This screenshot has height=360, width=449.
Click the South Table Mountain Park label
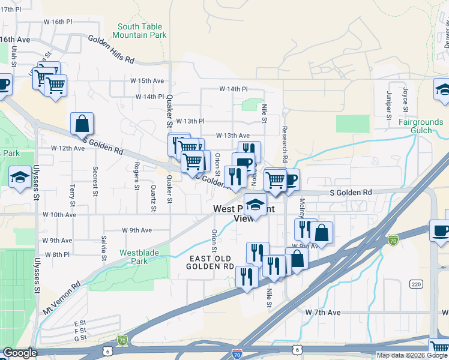pos(142,31)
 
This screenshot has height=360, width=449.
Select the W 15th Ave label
pos(147,80)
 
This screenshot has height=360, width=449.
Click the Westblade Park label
pos(139,257)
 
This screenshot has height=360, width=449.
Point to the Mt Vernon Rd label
pos(61,298)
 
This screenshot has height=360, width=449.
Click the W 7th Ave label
pos(322,313)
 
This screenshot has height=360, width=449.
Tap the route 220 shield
pos(416,283)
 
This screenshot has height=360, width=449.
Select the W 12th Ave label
pos(67,148)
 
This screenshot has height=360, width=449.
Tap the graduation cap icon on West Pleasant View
pos(255,205)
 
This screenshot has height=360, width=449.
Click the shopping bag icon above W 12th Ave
pos(82,124)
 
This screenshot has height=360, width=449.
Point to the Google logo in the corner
pos(19,353)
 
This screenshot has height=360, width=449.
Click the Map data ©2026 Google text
pos(411,355)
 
